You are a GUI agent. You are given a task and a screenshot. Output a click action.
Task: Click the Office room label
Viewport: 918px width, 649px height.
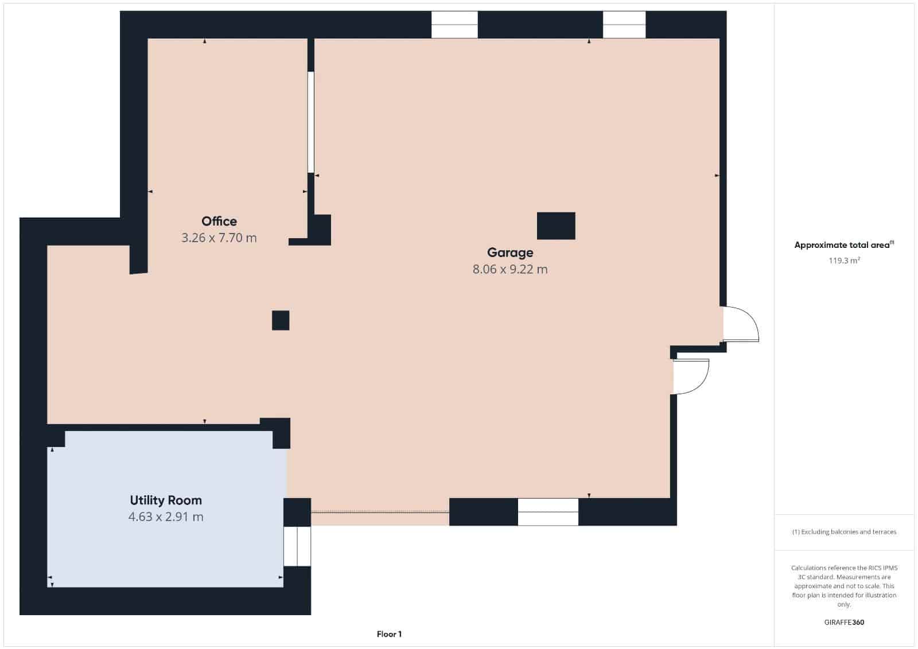[219, 221]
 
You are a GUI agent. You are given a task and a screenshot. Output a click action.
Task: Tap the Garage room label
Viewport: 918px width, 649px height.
[510, 252]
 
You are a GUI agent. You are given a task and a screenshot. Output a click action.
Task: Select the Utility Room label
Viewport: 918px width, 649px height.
[166, 500]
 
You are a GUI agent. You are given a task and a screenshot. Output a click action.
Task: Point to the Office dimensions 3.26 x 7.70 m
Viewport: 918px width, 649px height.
[219, 238]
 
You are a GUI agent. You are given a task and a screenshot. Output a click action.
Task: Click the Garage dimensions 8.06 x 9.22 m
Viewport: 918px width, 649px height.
[510, 269]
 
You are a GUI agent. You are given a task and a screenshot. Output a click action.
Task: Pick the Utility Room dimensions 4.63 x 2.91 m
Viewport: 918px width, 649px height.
[166, 517]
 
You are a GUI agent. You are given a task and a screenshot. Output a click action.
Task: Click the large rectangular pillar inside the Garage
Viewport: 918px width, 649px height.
[556, 226]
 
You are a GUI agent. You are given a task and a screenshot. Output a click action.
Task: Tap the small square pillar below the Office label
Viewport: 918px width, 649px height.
[281, 320]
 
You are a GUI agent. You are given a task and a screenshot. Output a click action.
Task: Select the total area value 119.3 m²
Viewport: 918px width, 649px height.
[844, 261]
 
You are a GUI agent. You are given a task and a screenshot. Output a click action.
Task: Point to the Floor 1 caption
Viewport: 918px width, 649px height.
[389, 634]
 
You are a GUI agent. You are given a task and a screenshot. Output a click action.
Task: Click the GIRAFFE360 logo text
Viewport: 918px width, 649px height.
[844, 622]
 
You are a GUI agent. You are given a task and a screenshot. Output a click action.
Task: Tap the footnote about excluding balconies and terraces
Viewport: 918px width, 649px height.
[844, 532]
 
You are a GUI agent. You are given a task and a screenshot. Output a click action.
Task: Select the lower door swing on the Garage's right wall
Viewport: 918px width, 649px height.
[691, 376]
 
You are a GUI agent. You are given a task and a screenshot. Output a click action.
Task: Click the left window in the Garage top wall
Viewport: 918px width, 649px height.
[454, 25]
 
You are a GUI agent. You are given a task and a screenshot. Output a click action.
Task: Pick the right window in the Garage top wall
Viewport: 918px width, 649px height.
[624, 25]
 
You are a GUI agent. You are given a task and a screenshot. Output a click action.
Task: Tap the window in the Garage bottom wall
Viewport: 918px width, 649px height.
[548, 512]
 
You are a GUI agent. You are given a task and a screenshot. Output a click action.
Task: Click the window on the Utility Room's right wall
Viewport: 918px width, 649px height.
[297, 546]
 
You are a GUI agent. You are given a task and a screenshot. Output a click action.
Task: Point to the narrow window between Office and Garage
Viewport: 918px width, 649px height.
[311, 122]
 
